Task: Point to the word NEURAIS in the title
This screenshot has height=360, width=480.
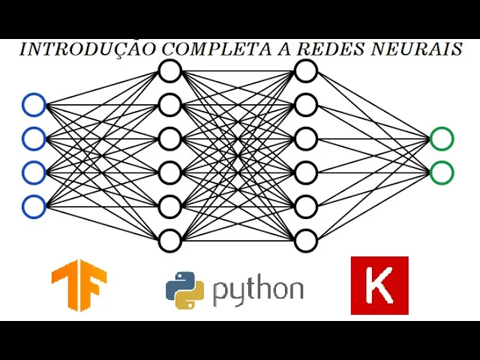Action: [x=420, y=49]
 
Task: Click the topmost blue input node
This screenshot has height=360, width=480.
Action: [x=34, y=104]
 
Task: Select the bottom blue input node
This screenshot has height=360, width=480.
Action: [x=34, y=206]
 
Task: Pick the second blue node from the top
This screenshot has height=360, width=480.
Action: [x=34, y=138]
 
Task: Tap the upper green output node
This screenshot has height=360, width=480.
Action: [x=442, y=139]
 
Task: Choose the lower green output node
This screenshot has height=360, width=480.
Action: [x=442, y=172]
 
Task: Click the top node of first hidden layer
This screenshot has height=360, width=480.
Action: [x=170, y=71]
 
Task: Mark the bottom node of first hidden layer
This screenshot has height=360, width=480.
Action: [x=170, y=241]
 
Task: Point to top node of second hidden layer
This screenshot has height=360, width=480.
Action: [x=306, y=71]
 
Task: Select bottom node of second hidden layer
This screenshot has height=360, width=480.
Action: [x=306, y=241]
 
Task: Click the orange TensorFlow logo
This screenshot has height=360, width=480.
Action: [x=79, y=285]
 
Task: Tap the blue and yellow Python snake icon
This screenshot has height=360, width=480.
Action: [x=184, y=290]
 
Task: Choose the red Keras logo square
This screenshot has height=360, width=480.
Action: [x=379, y=285]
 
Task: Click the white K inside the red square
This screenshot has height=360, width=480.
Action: [x=379, y=286]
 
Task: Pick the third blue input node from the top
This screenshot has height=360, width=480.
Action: [x=34, y=172]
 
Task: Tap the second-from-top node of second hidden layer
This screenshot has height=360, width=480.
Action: [x=306, y=105]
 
